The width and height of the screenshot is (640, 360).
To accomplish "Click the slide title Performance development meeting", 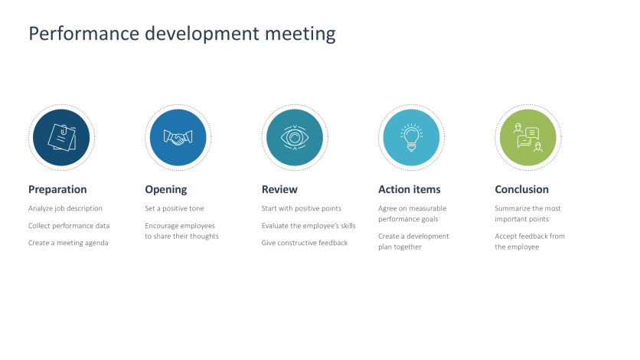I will click(181, 34).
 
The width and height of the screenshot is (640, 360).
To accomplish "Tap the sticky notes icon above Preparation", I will click(61, 138).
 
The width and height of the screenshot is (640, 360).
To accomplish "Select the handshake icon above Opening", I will click(178, 138).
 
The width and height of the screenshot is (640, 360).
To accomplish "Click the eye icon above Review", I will click(295, 138).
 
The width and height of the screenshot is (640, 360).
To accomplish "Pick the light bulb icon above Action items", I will click(411, 138).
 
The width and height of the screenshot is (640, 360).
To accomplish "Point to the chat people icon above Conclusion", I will click(527, 138).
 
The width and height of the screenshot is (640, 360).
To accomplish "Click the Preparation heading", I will click(57, 189).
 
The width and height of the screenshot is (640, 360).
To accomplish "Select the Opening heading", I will click(165, 189).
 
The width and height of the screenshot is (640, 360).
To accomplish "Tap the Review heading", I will click(279, 189).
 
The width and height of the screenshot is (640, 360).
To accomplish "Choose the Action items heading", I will click(409, 189).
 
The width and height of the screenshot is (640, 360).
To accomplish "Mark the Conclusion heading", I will click(521, 189).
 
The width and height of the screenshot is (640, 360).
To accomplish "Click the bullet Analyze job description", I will click(65, 208).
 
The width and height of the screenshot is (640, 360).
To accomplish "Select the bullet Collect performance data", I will click(69, 226).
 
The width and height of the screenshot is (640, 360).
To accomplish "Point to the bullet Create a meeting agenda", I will click(68, 243).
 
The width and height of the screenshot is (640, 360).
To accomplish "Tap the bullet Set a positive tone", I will click(175, 208).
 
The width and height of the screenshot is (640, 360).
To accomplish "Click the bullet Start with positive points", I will click(302, 208).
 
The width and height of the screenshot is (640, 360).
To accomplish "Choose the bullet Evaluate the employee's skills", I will click(309, 226).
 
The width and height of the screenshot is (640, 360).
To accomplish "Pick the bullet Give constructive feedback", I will click(305, 243).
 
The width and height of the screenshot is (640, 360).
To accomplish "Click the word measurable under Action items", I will click(429, 208).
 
